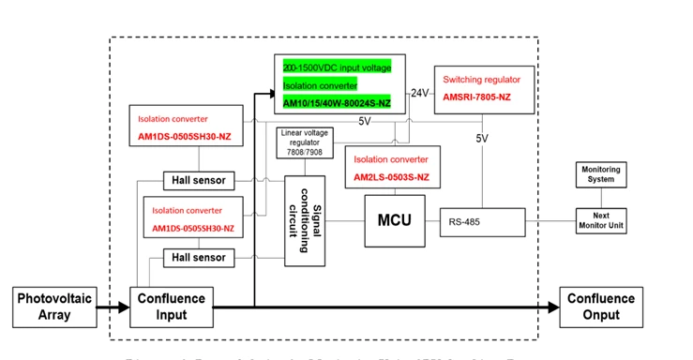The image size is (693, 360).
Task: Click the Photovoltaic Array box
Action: click(x=53, y=307)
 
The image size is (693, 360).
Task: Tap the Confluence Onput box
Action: click(x=601, y=307)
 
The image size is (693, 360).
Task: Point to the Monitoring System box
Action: click(x=601, y=174)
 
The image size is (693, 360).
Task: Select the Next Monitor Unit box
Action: click(x=601, y=221)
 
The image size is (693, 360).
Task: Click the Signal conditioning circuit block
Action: click(x=304, y=218)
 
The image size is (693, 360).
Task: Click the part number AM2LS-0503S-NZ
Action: click(x=391, y=177)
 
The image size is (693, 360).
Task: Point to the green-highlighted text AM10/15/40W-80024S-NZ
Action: click(x=337, y=102)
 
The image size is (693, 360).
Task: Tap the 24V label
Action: click(x=419, y=93)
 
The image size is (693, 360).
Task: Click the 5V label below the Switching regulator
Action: click(x=482, y=138)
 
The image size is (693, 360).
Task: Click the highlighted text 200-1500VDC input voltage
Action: click(x=337, y=67)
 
